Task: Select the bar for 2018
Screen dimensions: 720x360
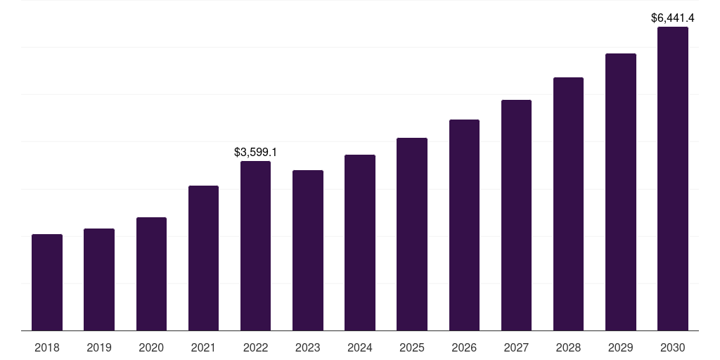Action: coord(47,283)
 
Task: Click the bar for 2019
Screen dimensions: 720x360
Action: coord(99,280)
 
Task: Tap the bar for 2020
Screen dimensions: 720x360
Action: coord(152,274)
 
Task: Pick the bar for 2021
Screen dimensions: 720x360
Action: coord(203,258)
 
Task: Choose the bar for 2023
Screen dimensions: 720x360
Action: coord(308,250)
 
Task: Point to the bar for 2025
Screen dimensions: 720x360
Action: coord(412,234)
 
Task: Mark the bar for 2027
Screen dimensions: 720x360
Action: coord(516,215)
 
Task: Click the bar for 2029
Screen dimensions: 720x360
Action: coord(621,192)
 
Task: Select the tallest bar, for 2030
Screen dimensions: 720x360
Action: coord(673,179)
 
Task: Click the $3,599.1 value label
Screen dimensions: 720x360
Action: coord(255,152)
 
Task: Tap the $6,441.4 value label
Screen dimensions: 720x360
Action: coord(673,18)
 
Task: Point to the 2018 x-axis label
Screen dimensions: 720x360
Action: coord(47,347)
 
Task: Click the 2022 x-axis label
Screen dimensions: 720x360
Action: coord(255,347)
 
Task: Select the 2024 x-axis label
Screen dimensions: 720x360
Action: coord(359,347)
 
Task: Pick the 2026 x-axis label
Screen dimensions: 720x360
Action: coord(464,347)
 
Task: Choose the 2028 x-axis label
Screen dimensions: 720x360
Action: coord(568,347)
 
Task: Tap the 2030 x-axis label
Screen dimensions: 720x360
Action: coord(673,347)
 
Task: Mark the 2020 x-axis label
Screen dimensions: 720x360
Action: coord(151,347)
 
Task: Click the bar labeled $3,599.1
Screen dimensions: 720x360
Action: coord(255,245)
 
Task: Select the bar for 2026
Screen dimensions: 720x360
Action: coord(464,225)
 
